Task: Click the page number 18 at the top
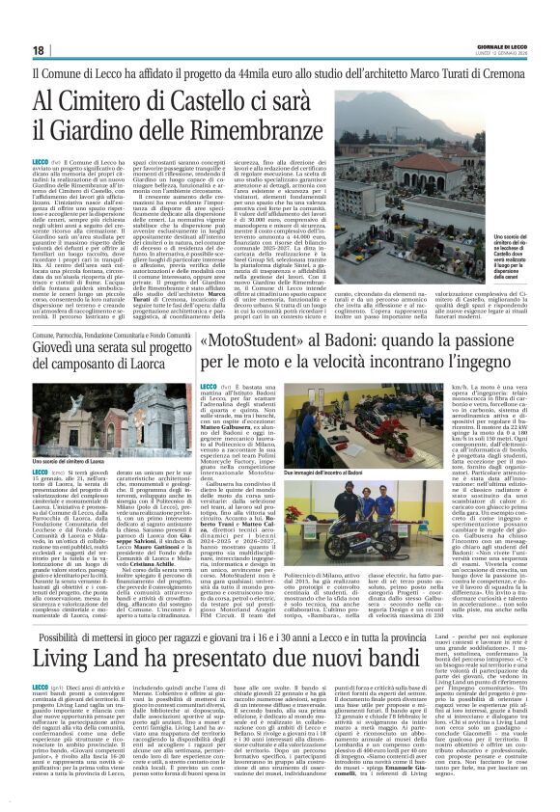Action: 39,50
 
